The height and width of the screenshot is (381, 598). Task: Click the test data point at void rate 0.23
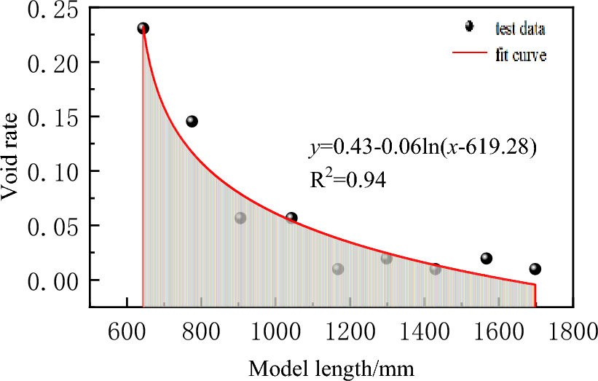coord(143,28)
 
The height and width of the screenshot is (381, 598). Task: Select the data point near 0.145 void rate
coord(192,121)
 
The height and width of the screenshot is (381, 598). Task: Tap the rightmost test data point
coord(535,269)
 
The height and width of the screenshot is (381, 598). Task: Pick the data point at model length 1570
coord(487,258)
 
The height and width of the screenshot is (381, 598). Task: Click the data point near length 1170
coord(338,269)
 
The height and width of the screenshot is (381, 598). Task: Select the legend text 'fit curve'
coord(522,55)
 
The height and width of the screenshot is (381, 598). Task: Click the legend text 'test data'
coord(520,29)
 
